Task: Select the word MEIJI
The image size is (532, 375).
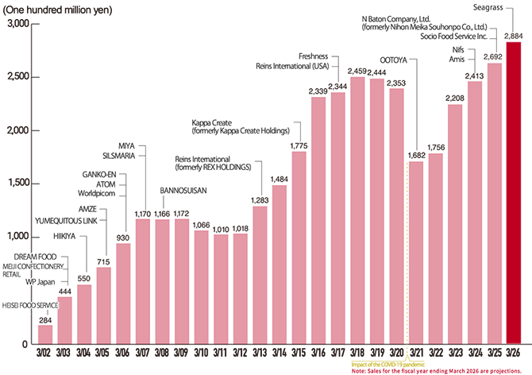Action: coord(12,265)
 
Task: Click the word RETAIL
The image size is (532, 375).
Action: coord(13,273)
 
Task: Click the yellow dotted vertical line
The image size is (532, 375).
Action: coord(407,254)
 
